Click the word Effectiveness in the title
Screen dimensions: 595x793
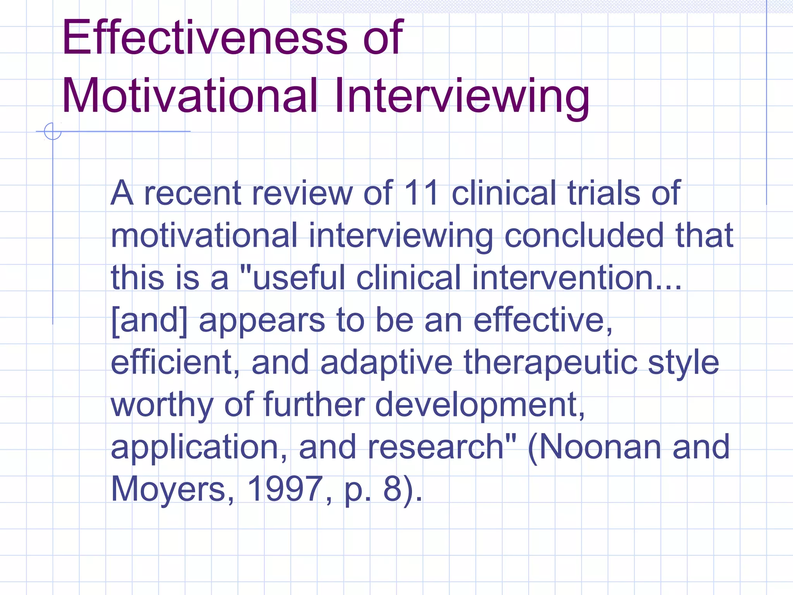205,38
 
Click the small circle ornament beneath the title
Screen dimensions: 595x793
53,131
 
